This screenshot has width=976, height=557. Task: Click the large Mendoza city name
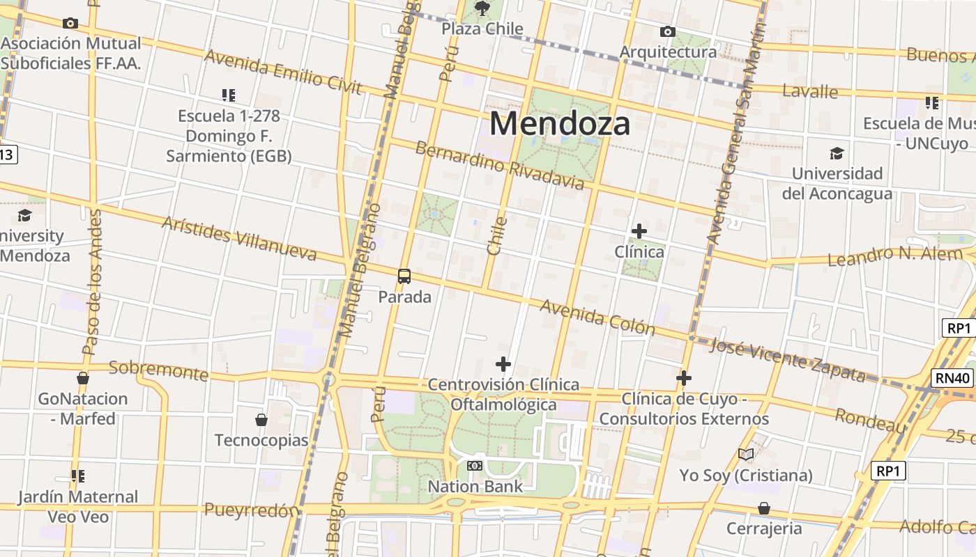pyautogui.click(x=560, y=123)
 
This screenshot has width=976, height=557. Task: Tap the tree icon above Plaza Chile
pyautogui.click(x=482, y=8)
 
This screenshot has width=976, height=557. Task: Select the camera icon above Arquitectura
pyautogui.click(x=667, y=31)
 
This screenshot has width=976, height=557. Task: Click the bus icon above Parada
pyautogui.click(x=404, y=276)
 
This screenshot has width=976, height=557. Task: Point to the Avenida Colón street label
pyautogui.click(x=597, y=317)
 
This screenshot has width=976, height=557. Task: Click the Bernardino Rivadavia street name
pyautogui.click(x=499, y=165)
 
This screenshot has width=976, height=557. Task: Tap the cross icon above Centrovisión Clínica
pyautogui.click(x=503, y=364)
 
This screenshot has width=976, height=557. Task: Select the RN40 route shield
pyautogui.click(x=952, y=378)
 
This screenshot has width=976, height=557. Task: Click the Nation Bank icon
pyautogui.click(x=475, y=465)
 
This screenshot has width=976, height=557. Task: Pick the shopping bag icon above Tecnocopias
pyautogui.click(x=261, y=420)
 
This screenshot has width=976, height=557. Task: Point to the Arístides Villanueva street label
pyautogui.click(x=238, y=238)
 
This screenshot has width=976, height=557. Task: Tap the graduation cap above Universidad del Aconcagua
pyautogui.click(x=837, y=153)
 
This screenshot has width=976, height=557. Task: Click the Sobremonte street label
pyautogui.click(x=158, y=370)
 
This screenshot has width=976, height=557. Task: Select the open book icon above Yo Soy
pyautogui.click(x=746, y=455)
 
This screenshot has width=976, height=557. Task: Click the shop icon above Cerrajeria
pyautogui.click(x=764, y=508)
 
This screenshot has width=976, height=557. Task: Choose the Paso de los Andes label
pyautogui.click(x=92, y=282)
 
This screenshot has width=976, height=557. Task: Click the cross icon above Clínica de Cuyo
pyautogui.click(x=684, y=378)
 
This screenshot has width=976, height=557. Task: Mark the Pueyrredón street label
pyautogui.click(x=251, y=510)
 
